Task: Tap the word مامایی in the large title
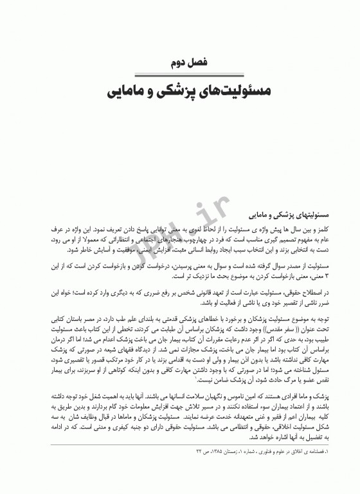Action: coord(126,91)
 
